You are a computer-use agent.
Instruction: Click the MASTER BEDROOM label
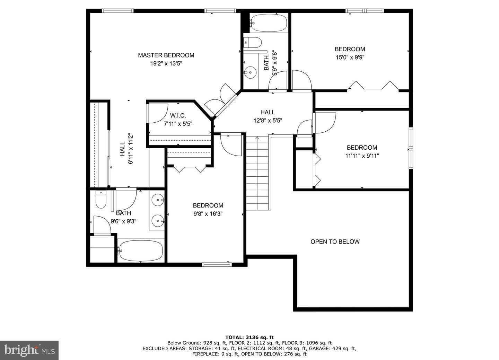[x=166, y=55]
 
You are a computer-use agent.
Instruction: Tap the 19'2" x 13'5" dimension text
[x=166, y=64]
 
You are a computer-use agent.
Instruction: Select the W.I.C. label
[x=178, y=115]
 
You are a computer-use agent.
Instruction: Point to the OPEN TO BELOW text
[x=335, y=242]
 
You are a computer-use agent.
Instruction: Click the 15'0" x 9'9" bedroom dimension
[x=350, y=58]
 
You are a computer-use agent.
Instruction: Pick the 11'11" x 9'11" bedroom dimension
[x=362, y=156]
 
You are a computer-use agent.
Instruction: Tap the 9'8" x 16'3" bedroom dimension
[x=208, y=214]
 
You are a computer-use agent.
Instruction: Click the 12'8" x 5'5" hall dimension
[x=268, y=121]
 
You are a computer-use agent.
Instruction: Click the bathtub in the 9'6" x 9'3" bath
[x=141, y=251]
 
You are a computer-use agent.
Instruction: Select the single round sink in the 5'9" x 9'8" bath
[x=250, y=72]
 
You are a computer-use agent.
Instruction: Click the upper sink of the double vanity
[x=158, y=200]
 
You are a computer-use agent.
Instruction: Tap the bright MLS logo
[x=29, y=350]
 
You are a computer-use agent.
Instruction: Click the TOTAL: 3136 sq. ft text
[x=249, y=337]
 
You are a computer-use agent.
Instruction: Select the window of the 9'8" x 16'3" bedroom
[x=217, y=265]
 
